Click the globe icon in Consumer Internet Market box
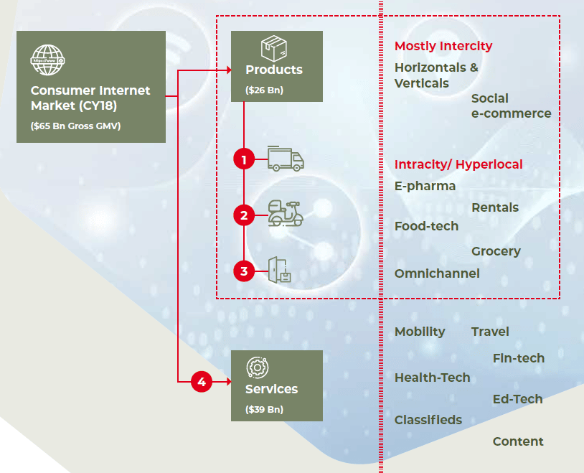[47, 60]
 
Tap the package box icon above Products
[274, 49]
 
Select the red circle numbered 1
[244, 159]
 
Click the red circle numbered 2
[244, 215]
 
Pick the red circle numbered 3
[244, 271]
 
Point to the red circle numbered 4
[202, 382]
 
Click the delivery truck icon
[286, 159]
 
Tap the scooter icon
[286, 214]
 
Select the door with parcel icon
[279, 270]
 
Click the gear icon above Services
[258, 367]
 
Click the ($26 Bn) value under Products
[265, 90]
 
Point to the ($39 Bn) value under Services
[265, 410]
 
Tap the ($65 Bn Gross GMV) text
[75, 126]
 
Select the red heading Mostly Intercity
[443, 46]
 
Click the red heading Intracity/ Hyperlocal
[458, 164]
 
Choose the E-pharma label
[425, 186]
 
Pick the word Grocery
[496, 252]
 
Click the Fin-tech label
[519, 358]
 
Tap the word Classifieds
[428, 420]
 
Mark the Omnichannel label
[437, 273]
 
